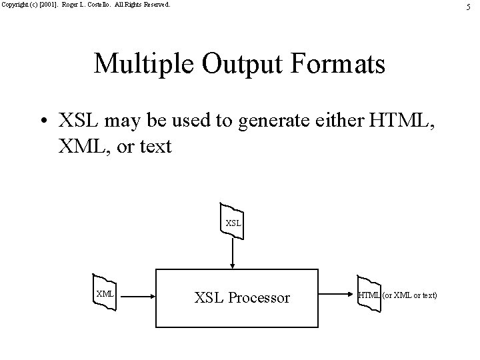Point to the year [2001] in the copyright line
point(51,4)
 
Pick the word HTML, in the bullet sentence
point(404,122)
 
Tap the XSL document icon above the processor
point(233,221)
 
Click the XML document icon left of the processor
point(105,293)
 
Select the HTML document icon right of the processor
point(369,293)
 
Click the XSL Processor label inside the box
point(242,298)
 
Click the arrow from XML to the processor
point(136,294)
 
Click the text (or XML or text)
point(409,294)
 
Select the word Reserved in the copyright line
point(155,4)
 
